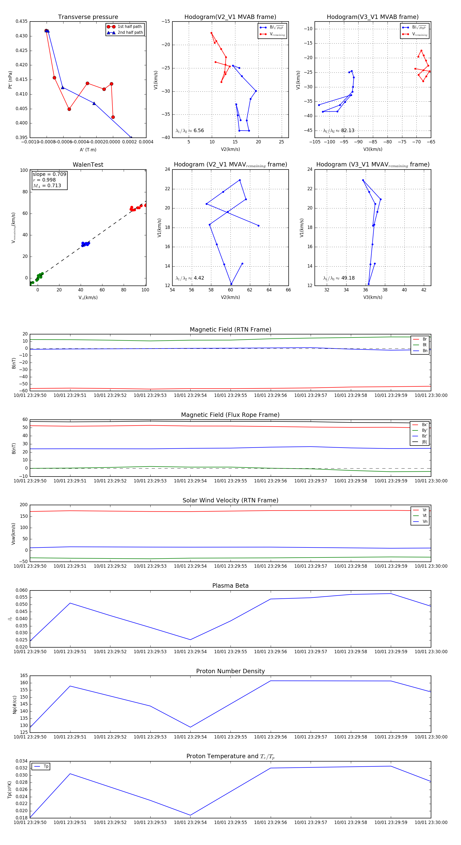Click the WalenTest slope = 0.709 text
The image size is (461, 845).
pos(49,174)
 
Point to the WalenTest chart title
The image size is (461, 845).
pos(88,165)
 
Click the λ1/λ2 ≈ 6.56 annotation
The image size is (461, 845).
pos(190,131)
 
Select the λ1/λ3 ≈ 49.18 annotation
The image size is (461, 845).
pos(339,278)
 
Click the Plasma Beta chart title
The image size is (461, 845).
pos(230,586)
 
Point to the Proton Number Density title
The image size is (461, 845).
pos(230,671)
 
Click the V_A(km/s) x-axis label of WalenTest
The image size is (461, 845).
pos(88,298)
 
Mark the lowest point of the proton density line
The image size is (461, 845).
pos(190,727)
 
